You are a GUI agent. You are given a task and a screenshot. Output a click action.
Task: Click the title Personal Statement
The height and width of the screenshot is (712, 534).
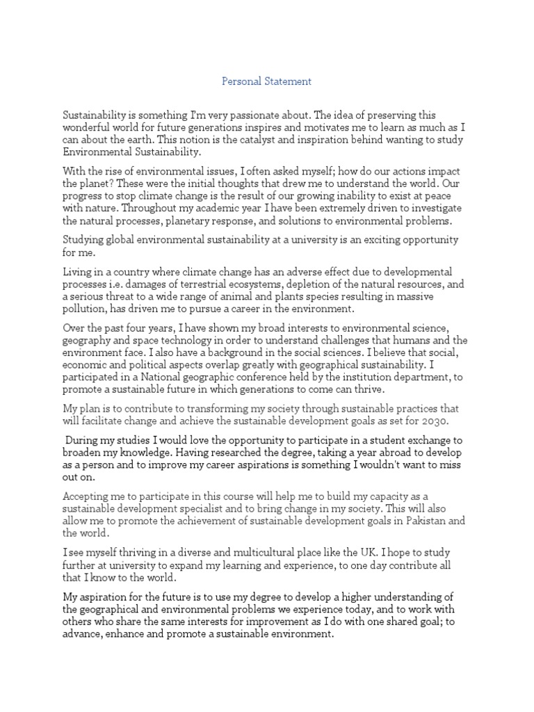click(x=267, y=81)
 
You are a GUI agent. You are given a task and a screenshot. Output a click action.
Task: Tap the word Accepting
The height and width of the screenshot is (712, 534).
click(x=86, y=496)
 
